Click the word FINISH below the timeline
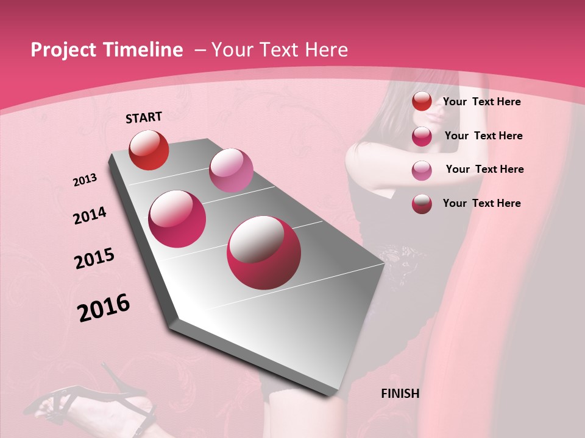400,394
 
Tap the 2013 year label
85,179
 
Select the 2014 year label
90,215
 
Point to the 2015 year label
94,259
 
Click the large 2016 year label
104,307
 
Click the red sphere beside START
149,150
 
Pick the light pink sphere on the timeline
231,170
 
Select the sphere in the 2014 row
177,219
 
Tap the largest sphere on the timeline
264,252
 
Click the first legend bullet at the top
422,102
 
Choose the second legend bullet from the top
422,136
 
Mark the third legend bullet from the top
422,170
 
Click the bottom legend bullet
422,204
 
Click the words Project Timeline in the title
107,50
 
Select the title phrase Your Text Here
280,50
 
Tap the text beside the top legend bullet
481,102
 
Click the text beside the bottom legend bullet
481,203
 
